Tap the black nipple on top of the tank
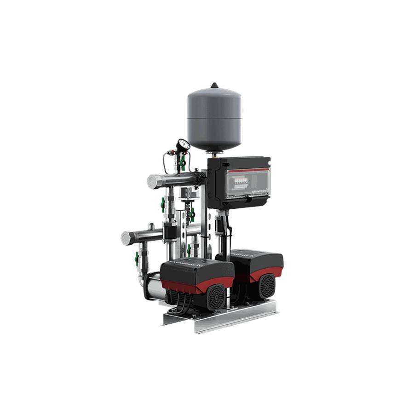tap(214, 86)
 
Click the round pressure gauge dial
tap(183, 146)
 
